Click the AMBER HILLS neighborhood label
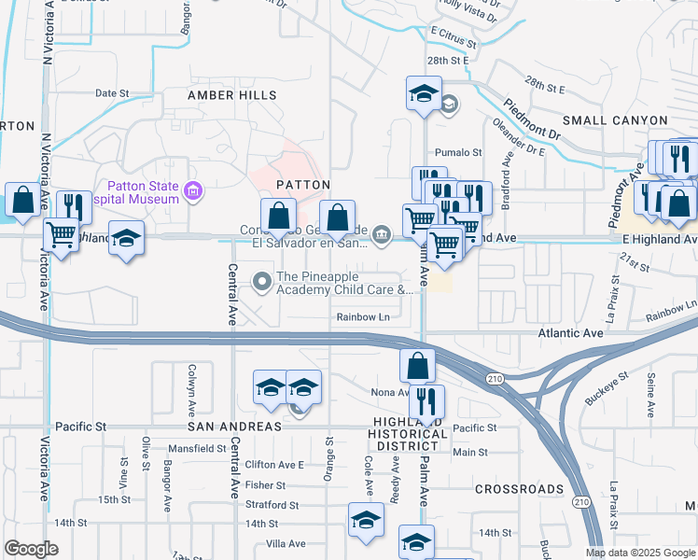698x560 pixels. pos(231,95)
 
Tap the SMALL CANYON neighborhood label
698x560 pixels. pos(615,120)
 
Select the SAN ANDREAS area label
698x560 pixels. pos(234,426)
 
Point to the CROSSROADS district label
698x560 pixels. pos(519,489)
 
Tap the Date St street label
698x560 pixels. pos(111,93)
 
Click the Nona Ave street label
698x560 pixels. pos(390,392)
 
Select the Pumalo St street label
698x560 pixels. pos(458,152)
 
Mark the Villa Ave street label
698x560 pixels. pos(286,543)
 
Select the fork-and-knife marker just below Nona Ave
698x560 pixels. pos(426,401)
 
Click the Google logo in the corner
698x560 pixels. pos(31,549)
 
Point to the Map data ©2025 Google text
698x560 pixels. pos(639,553)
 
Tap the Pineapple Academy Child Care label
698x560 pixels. pos(343,284)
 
